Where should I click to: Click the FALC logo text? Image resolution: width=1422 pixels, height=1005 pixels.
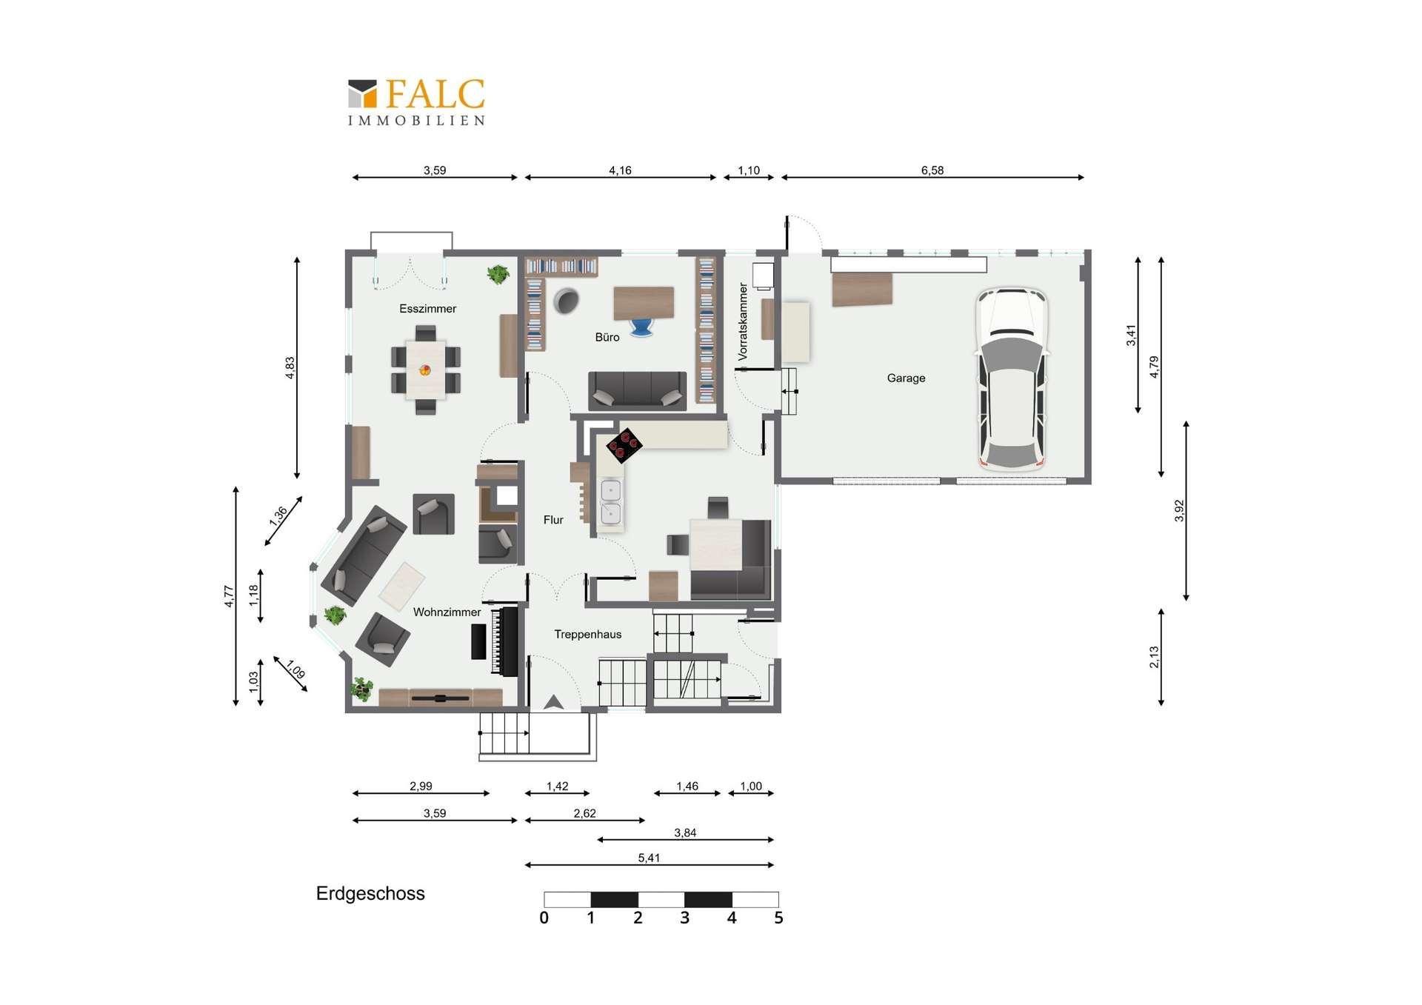(x=435, y=94)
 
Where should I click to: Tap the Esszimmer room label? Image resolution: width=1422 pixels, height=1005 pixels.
(x=427, y=309)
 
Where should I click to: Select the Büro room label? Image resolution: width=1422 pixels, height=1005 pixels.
(x=607, y=337)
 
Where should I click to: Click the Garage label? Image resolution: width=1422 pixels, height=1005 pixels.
(x=906, y=378)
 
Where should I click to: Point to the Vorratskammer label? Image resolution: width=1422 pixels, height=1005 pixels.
(x=743, y=321)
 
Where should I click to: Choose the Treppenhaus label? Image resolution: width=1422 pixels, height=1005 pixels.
(x=588, y=634)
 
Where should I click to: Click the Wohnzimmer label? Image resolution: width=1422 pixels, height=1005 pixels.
(x=447, y=612)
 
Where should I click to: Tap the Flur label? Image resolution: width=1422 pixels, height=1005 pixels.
(x=553, y=520)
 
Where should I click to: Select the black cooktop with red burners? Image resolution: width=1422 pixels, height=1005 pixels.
(x=624, y=445)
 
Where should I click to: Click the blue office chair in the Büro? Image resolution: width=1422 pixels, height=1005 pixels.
(x=641, y=327)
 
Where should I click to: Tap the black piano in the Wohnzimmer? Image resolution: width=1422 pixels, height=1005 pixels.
(x=504, y=641)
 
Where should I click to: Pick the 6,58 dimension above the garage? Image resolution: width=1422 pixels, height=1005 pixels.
(x=932, y=170)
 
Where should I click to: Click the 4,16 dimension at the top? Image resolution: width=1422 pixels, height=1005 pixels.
(x=620, y=170)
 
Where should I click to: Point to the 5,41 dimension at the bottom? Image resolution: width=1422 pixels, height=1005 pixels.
(x=649, y=858)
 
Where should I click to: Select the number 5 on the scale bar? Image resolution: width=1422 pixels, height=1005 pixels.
(x=778, y=918)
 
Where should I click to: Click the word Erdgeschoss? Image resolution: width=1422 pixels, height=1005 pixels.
(x=370, y=894)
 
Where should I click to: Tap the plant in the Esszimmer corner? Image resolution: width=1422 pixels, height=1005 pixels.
(x=498, y=274)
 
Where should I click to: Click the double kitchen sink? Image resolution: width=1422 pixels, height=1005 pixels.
(x=611, y=501)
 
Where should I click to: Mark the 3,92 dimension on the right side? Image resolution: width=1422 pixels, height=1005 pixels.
(x=1179, y=510)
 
